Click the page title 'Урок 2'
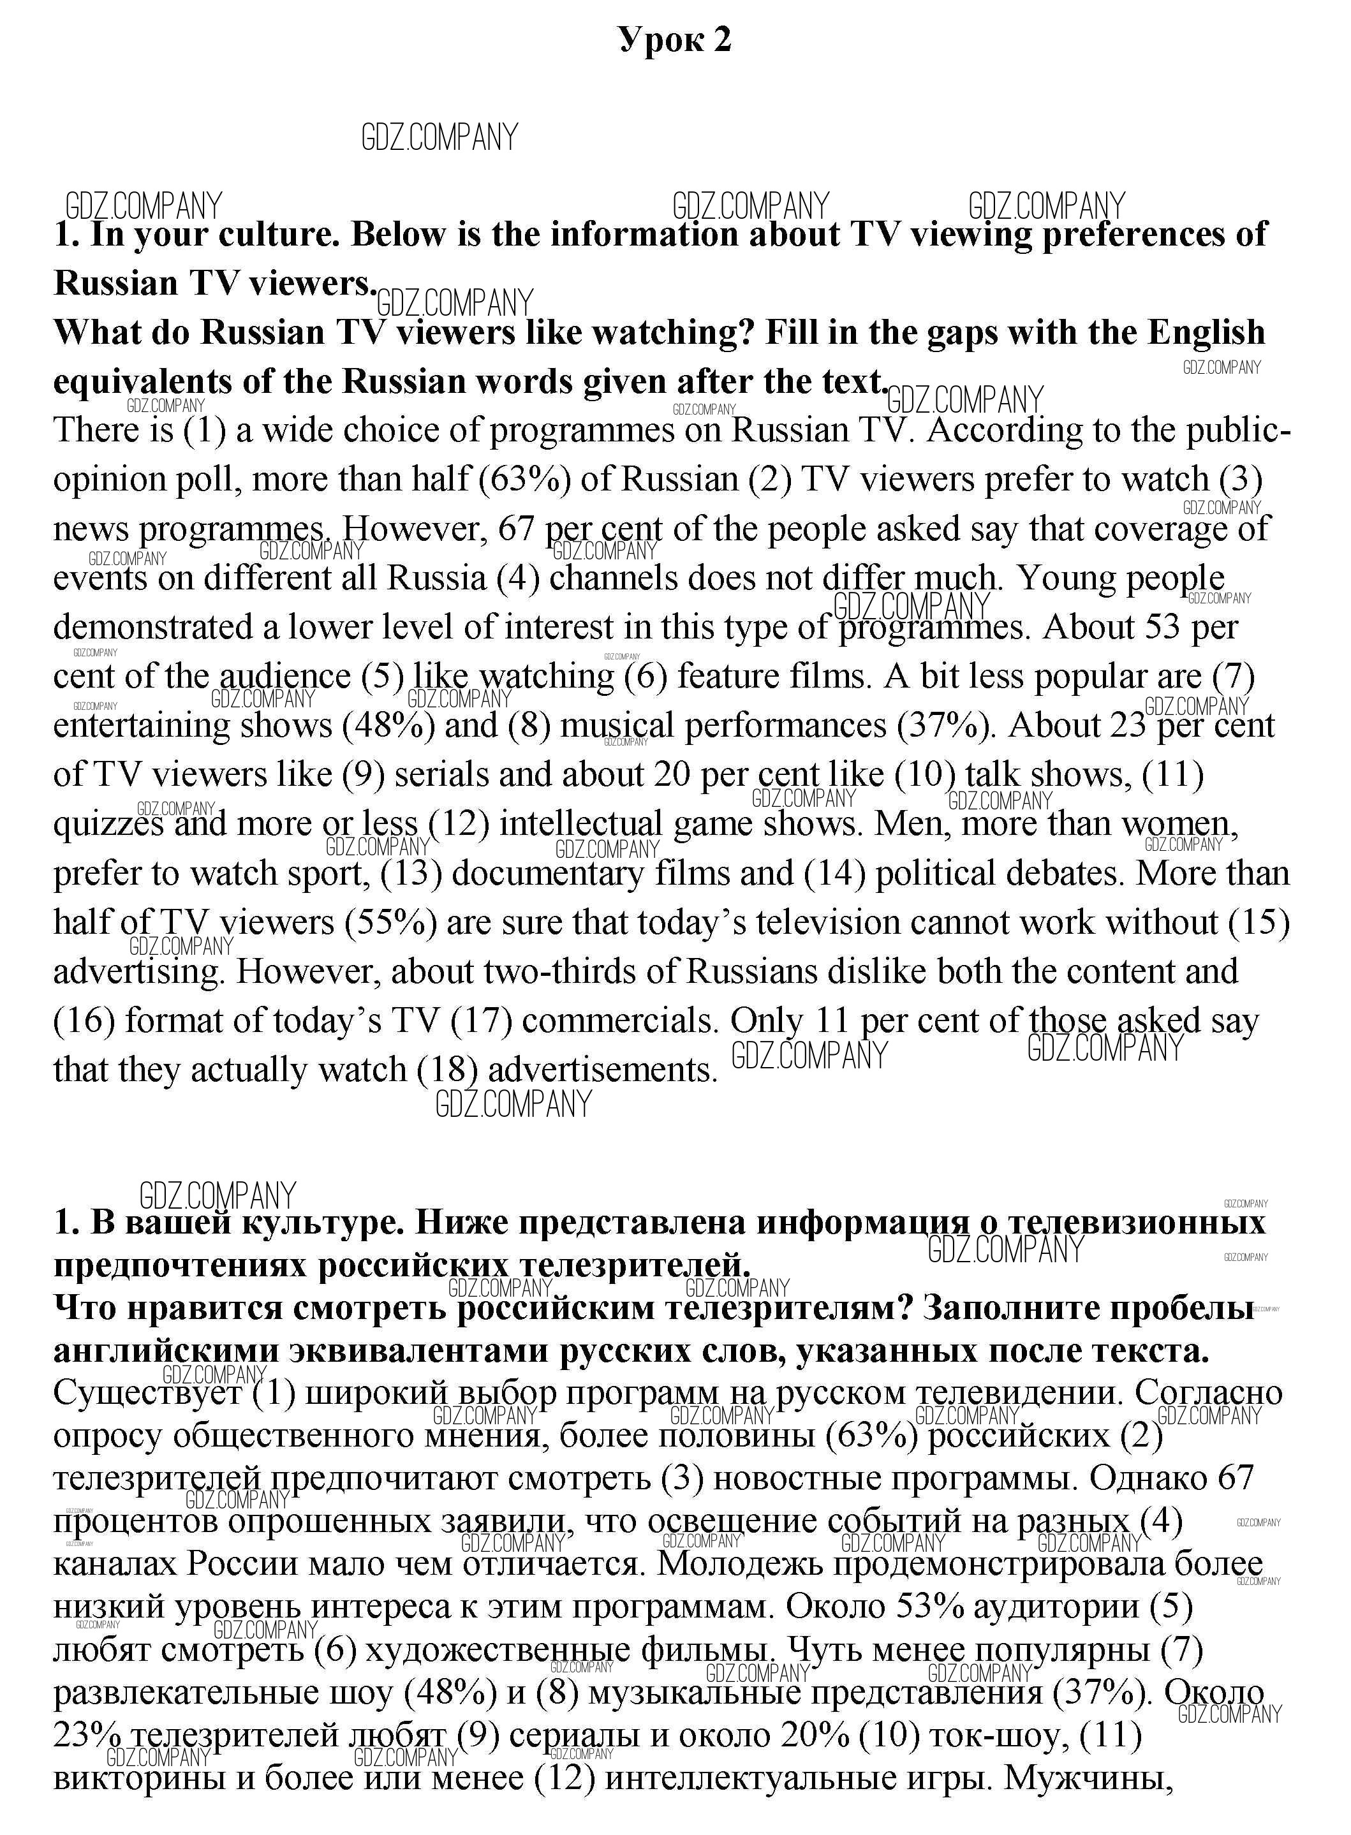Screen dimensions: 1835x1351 675,40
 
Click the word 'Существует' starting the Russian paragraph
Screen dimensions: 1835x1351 147,1392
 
